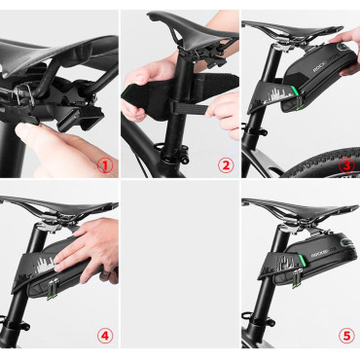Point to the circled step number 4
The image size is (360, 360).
[104, 337]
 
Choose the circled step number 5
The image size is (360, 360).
[345, 337]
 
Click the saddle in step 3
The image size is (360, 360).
[292, 24]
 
